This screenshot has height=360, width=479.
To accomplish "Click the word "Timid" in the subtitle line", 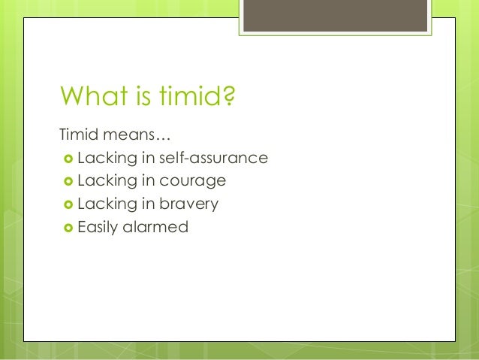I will tap(77, 136).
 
